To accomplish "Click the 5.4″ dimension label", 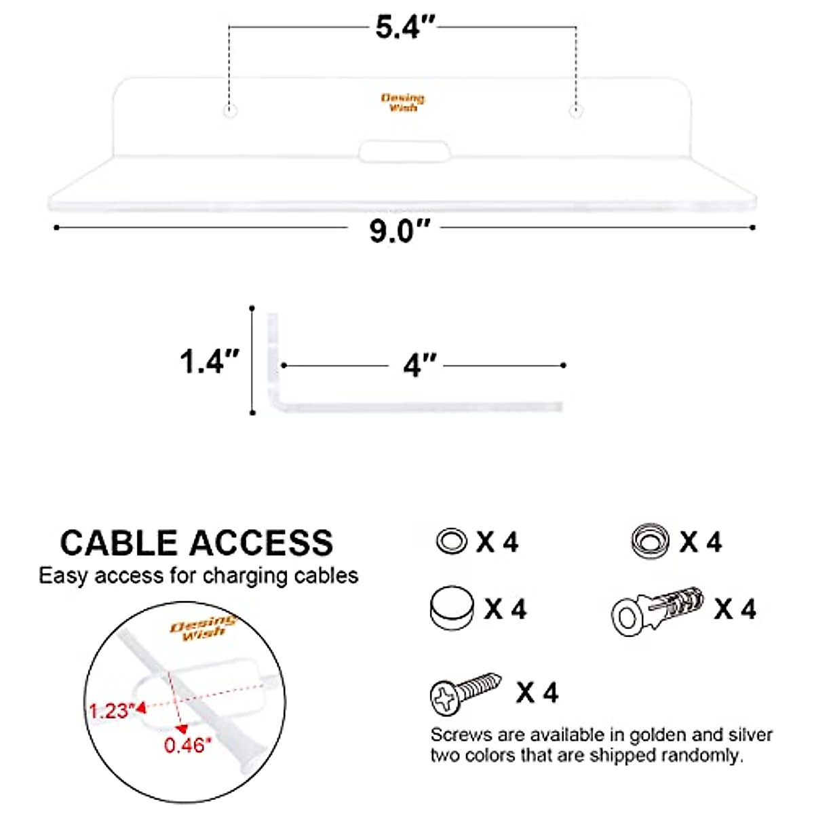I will tap(405, 28).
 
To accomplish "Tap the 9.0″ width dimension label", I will tap(400, 231).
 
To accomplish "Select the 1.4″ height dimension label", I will tap(210, 361).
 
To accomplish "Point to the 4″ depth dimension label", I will tap(420, 366).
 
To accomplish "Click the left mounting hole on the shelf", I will tap(231, 111).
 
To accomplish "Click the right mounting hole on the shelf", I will tap(576, 111).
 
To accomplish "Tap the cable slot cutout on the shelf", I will tap(404, 151).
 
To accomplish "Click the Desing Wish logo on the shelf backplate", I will tap(403, 102).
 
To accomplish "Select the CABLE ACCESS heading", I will tap(197, 543).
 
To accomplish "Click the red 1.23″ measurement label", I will tap(113, 710).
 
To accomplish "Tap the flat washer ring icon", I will tap(451, 541).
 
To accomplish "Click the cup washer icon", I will tap(649, 541).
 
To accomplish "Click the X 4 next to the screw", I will tap(537, 693).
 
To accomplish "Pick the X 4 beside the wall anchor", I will tap(735, 609).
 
